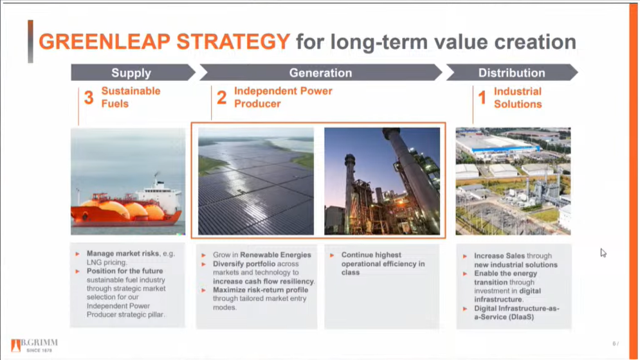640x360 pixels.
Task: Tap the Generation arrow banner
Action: (321, 73)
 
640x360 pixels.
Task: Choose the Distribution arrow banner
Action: (512, 73)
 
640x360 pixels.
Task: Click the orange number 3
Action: (89, 98)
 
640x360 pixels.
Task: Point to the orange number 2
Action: (222, 98)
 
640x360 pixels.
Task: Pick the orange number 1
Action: (482, 98)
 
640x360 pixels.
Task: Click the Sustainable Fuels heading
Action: (131, 97)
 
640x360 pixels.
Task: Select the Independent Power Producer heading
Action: (283, 97)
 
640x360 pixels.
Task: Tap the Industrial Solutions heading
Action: (518, 98)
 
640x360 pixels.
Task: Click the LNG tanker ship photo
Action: (128, 181)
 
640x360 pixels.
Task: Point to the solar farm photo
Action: (256, 181)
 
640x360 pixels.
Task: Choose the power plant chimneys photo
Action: (382, 181)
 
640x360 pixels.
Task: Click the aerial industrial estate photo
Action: (513, 181)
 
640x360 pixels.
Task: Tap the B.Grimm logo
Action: (34, 345)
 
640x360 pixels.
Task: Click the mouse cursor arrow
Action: (603, 253)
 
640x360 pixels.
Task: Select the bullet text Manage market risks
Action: (123, 253)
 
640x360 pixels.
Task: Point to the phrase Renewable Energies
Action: (275, 255)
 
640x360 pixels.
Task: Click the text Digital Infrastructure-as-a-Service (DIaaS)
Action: (517, 312)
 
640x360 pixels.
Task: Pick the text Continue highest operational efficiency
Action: (383, 264)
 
